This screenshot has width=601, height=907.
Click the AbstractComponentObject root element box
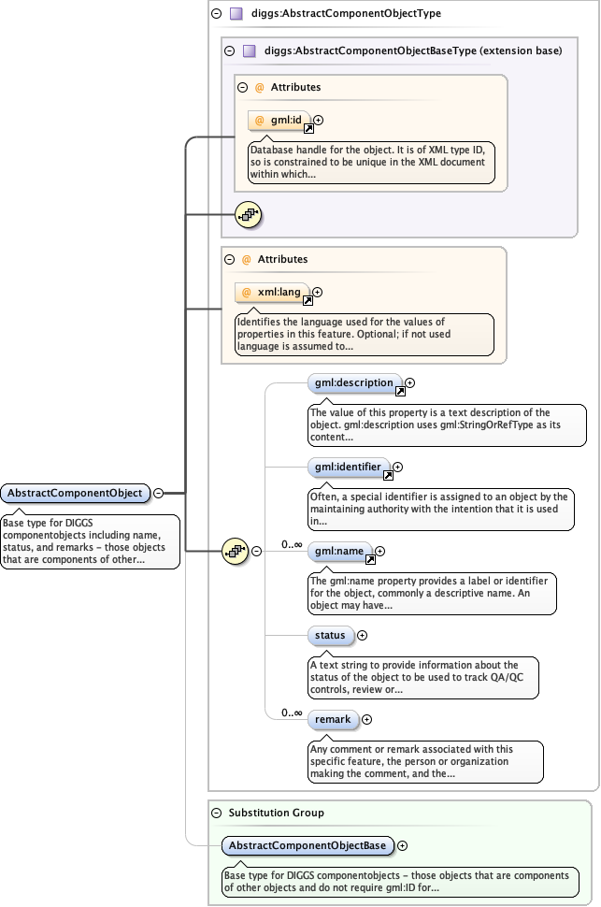75,493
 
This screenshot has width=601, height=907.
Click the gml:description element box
355,382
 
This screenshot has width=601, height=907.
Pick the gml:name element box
338,552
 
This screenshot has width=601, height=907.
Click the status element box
330,636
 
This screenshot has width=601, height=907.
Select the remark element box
333,719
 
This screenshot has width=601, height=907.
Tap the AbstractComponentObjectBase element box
308,846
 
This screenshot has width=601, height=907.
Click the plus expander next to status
363,636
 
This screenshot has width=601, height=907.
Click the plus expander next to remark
366,719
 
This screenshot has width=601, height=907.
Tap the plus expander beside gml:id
319,120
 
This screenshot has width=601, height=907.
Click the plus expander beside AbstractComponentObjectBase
403,845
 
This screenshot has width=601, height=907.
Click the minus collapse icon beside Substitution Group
217,813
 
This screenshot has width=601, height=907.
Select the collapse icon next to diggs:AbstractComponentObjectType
217,14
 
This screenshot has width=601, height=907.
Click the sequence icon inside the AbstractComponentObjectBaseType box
248,214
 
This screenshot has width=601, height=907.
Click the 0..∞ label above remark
292,713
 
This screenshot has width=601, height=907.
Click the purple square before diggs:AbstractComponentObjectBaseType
250,50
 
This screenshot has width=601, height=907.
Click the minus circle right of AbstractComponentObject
158,493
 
